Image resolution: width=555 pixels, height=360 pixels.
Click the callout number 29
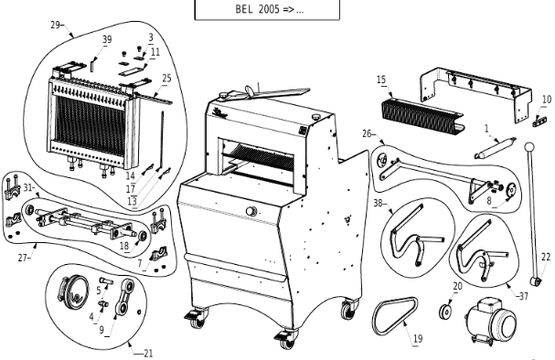(55, 26)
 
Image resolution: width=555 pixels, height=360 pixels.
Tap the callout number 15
(381, 79)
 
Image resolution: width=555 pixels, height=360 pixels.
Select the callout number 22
(546, 257)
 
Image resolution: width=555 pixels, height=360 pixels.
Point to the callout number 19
(418, 338)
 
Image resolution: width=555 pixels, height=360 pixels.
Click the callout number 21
(148, 353)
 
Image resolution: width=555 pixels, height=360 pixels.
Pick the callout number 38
(378, 204)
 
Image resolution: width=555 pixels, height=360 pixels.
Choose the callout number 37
(524, 296)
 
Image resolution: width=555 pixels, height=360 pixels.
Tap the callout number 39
(107, 39)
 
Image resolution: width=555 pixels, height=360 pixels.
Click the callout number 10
(547, 100)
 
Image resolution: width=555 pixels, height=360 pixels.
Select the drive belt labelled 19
(395, 315)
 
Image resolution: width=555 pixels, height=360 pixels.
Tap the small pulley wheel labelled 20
(445, 312)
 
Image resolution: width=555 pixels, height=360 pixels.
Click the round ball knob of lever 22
(529, 146)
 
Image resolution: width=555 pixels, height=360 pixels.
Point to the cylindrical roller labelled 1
(495, 148)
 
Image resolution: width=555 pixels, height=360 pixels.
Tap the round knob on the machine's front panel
(251, 211)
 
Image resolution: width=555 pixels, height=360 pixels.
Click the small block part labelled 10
(539, 122)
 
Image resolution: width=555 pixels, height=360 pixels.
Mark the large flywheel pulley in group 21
(74, 293)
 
